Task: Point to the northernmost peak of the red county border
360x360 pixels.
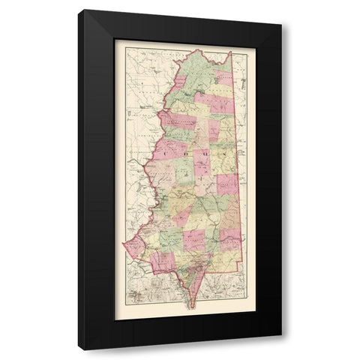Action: (x=196, y=50)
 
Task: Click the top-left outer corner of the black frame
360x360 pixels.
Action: (x=78, y=10)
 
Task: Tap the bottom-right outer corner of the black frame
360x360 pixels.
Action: (x=282, y=350)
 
